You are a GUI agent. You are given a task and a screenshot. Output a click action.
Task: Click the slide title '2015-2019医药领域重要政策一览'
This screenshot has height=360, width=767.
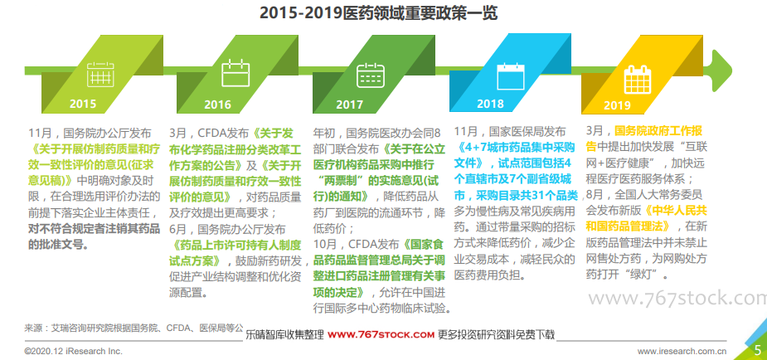(x=378, y=13)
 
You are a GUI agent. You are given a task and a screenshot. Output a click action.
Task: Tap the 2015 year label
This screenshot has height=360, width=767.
(x=83, y=105)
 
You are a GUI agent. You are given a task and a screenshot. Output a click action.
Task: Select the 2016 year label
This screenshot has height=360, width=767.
(x=218, y=105)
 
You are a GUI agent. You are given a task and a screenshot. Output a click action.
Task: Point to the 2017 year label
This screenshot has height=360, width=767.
(x=349, y=105)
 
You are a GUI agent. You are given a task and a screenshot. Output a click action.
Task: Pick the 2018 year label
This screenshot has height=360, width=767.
(x=490, y=104)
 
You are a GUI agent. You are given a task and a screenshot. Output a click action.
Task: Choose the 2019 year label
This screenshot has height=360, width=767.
(x=617, y=105)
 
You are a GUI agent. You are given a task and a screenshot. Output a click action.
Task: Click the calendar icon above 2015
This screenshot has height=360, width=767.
(x=100, y=75)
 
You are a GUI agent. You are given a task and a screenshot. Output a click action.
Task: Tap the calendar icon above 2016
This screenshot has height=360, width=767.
(x=235, y=72)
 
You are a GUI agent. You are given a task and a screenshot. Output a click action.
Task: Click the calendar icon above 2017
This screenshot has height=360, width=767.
(x=371, y=75)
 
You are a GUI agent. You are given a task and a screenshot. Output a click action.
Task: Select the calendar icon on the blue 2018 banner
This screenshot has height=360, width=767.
(x=511, y=75)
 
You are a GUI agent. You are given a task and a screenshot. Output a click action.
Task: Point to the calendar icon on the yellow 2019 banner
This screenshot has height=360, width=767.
(x=638, y=80)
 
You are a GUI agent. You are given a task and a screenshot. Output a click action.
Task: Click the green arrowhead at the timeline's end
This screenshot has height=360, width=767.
(x=722, y=71)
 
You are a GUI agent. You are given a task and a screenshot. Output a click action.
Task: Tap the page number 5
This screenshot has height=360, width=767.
(x=757, y=350)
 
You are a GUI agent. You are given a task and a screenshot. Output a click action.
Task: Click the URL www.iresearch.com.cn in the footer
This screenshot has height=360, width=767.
(x=682, y=351)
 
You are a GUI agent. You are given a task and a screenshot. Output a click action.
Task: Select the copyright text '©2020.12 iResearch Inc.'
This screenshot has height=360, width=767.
(x=73, y=351)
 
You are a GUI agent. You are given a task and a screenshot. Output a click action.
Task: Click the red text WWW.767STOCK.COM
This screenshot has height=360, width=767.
(x=381, y=335)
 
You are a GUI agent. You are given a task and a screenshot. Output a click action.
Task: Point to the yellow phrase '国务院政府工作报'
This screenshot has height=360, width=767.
(x=658, y=131)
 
